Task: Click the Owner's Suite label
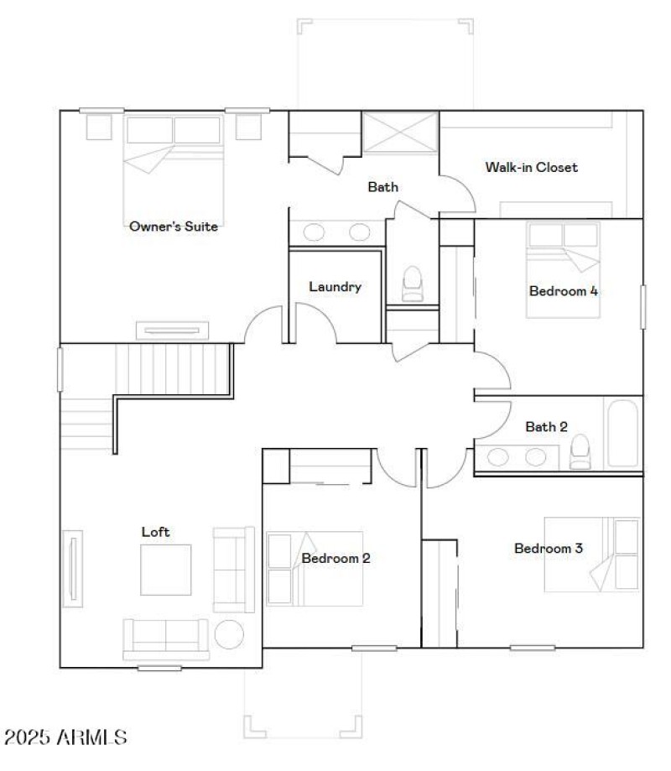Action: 174,226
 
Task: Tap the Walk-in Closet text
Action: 531,167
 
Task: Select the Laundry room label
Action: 335,287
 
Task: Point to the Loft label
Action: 155,531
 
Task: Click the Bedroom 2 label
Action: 335,558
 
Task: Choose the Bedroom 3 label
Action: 549,549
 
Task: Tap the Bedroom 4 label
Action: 563,292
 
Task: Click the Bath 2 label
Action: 546,427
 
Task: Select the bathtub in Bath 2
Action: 622,433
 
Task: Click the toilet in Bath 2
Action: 580,453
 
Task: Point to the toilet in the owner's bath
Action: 412,284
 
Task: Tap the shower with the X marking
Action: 400,133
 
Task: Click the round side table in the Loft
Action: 229,634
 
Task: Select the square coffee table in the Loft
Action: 165,570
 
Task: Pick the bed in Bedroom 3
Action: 590,554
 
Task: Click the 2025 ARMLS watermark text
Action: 65,737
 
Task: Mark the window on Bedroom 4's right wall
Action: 643,307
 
